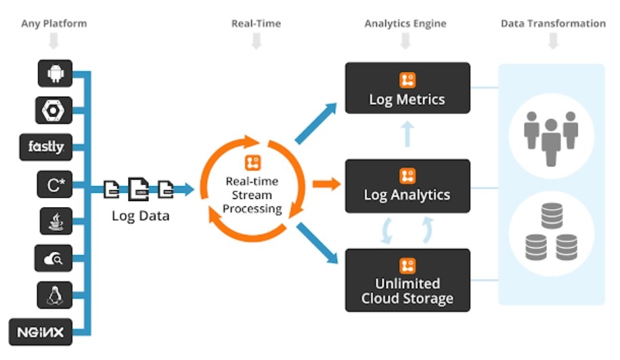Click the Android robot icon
pos(56,73)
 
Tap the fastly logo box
pos(46,147)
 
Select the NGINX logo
pos(41,332)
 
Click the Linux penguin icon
pos(55,295)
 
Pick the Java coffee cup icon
pos(56,221)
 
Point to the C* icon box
pos(55,184)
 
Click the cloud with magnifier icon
pos(53,258)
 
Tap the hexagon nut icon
pos(53,110)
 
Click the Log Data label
pos(140,216)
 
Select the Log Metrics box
pos(407,88)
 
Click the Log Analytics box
pos(407,186)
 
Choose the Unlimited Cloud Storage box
pos(407,280)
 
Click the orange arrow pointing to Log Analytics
pos(327,184)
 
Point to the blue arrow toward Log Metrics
pos(316,123)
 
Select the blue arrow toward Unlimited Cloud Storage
pos(317,243)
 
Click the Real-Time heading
pos(257,24)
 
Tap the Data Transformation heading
pos(553,24)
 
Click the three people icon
pos(551,138)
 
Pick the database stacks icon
pos(551,231)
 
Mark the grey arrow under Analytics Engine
pos(405,41)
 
